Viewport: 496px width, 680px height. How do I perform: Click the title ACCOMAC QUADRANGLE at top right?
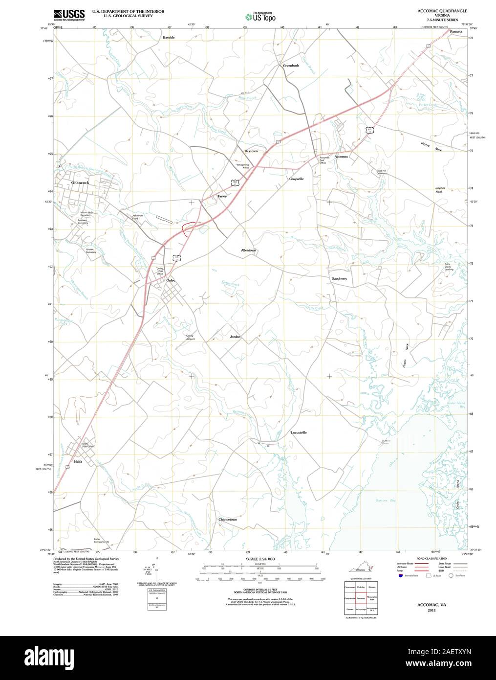click(x=442, y=10)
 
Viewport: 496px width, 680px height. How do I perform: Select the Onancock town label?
click(x=80, y=182)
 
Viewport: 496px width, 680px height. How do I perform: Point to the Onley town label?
click(x=171, y=280)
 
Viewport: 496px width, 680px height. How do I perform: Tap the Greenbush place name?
click(x=291, y=65)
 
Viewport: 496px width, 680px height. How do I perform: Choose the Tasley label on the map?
click(x=222, y=196)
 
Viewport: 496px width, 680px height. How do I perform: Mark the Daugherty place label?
click(x=339, y=278)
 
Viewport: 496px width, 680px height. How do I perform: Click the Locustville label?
click(x=299, y=432)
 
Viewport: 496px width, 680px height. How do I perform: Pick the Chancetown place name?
click(x=228, y=520)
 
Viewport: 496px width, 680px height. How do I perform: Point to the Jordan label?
click(x=235, y=337)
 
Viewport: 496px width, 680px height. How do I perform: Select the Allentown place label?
click(x=248, y=250)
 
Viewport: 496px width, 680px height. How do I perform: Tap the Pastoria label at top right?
click(x=456, y=31)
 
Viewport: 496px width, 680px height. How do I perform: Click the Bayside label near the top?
click(x=169, y=37)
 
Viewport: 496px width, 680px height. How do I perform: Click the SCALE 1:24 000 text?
click(x=260, y=559)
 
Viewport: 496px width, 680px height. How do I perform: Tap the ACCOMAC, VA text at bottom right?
click(x=431, y=605)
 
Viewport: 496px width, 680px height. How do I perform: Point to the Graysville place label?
click(x=296, y=179)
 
